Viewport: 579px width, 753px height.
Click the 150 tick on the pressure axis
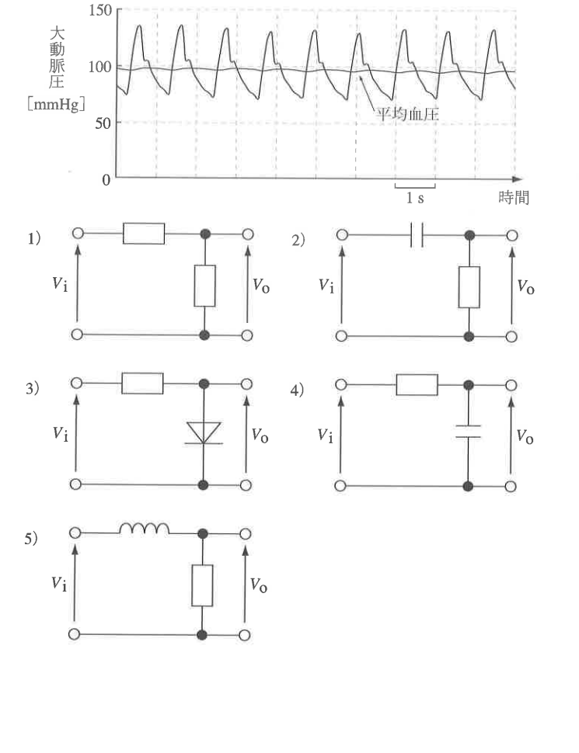pos(100,10)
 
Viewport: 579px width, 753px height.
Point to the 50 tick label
pos(103,123)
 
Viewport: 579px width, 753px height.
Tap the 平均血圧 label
pos(406,114)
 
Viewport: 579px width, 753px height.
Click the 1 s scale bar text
pos(415,197)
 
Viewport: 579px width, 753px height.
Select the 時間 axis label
pos(514,197)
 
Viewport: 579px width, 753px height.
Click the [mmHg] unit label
pos(56,104)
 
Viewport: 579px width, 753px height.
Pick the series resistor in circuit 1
pos(144,234)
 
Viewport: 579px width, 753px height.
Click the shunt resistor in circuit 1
pos(205,286)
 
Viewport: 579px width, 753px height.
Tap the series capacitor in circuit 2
pos(417,235)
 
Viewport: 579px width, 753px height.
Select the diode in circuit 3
pos(204,432)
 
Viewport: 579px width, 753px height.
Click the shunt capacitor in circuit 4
pos(468,432)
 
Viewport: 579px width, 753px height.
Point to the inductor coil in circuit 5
pos(145,529)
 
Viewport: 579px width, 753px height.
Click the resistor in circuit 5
pos(203,585)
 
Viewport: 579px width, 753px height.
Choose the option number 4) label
pos(297,390)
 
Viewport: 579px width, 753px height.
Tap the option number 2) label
pos(298,240)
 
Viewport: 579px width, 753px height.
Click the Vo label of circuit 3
pos(260,435)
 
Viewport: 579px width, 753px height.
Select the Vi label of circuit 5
pos(59,584)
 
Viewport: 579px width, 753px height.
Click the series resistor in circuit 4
pos(417,385)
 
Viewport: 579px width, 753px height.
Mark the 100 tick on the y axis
pos(100,67)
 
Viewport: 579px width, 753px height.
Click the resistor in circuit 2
pos(469,287)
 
